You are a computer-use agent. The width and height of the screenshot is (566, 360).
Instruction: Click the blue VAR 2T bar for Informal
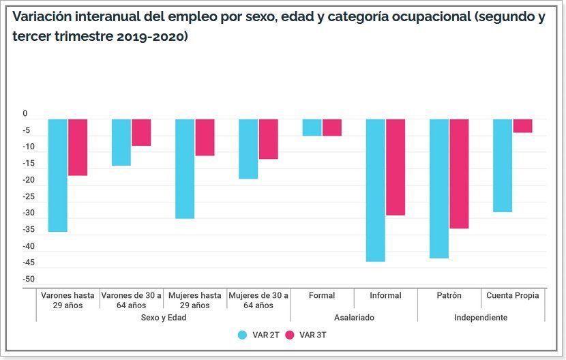[x=376, y=190]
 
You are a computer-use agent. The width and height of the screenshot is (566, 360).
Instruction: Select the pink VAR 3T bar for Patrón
[x=459, y=174]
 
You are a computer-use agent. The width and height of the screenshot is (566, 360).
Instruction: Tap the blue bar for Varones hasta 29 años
[x=57, y=175]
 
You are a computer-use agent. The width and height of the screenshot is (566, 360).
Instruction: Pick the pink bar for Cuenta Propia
[x=522, y=126]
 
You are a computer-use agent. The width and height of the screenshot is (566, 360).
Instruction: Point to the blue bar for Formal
[x=312, y=127]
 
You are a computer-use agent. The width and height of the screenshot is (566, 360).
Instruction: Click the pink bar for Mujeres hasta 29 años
[x=205, y=138]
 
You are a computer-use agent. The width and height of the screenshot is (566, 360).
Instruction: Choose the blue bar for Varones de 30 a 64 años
[x=121, y=142]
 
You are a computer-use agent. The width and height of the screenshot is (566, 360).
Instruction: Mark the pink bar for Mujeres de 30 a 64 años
[x=268, y=139]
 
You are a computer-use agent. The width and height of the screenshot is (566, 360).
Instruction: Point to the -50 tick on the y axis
[x=28, y=280]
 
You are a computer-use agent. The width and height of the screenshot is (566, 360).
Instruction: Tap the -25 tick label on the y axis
[x=28, y=197]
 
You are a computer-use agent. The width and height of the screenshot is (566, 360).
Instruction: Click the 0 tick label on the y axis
[x=25, y=114]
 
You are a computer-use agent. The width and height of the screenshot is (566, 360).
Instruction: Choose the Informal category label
[x=385, y=296]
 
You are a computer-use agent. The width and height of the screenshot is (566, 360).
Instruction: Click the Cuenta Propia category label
[x=513, y=296]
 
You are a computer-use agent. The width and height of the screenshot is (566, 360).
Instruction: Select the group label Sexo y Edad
[x=164, y=318]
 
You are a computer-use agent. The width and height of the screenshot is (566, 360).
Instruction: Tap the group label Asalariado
[x=354, y=318]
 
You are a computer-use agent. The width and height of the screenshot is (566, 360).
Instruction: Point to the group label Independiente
[x=481, y=318]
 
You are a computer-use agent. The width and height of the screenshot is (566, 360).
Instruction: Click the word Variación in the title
[x=44, y=18]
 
